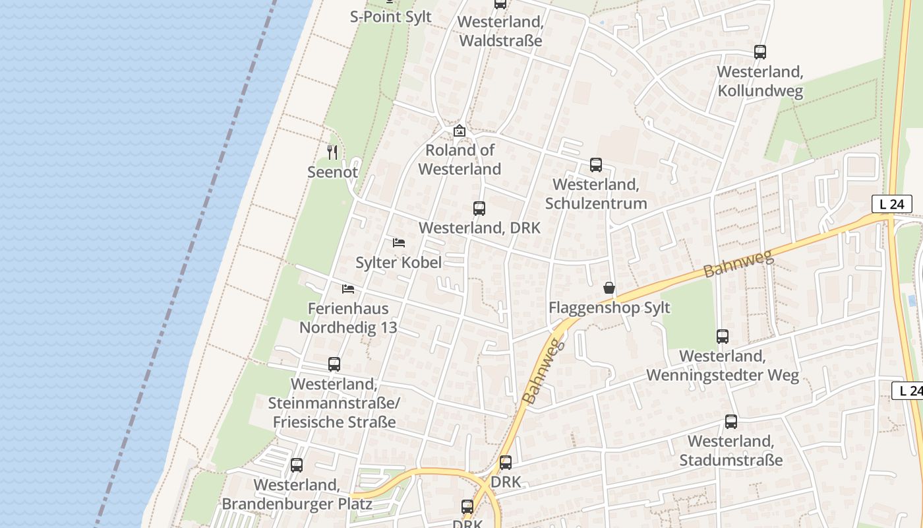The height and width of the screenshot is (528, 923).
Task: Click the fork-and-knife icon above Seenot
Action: pos(333,152)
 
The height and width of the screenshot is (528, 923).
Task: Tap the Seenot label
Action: pos(333,172)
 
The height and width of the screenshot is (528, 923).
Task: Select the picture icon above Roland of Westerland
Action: pos(460,131)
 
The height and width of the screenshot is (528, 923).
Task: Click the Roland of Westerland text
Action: pos(460,159)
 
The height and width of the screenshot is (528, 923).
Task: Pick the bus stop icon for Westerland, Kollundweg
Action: pos(760,51)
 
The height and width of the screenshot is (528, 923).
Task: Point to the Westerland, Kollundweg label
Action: pos(760,81)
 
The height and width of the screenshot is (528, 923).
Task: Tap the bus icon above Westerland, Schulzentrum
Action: pos(596,164)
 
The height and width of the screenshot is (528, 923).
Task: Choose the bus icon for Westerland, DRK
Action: pos(479,209)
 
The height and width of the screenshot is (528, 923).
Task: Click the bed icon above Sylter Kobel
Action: pos(399,243)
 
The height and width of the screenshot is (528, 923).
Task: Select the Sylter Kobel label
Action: pos(399,263)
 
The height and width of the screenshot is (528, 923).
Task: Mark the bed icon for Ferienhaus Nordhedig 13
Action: pos(348,288)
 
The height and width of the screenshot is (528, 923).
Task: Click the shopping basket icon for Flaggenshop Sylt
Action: pos(609,288)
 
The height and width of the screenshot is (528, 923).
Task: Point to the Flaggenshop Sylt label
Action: pos(609,308)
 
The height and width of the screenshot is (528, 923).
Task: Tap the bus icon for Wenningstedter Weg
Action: pos(723,337)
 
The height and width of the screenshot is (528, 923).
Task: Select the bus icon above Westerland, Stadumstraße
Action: pos(731,422)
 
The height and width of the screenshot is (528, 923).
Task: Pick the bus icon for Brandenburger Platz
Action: pos(297,465)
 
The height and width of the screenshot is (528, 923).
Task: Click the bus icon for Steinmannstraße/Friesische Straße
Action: pos(334,364)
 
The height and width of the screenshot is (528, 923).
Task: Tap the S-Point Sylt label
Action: pos(391,16)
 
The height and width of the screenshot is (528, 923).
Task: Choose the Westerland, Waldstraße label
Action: pos(500,31)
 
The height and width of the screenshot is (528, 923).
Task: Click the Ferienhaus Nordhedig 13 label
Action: pos(348,317)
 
